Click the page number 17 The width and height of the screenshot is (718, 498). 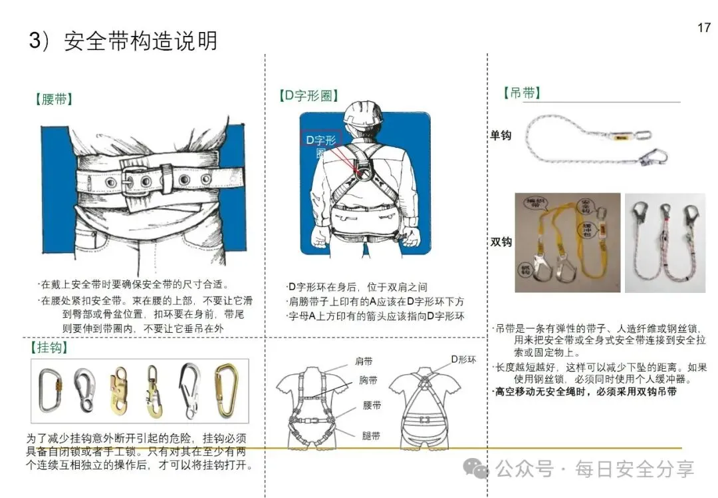tap(704, 28)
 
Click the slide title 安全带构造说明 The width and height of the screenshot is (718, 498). tap(140, 41)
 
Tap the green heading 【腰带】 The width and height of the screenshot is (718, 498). tap(54, 100)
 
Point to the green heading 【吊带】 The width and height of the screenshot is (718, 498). tap(523, 93)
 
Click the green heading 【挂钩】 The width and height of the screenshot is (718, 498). tap(50, 348)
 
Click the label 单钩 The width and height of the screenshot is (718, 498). tap(501, 135)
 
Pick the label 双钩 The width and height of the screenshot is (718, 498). tap(501, 242)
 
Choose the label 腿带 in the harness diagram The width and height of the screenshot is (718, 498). tap(371, 436)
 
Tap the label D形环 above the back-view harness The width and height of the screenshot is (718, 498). tap(463, 360)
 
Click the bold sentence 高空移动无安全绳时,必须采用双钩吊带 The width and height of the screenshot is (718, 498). tap(585, 392)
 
